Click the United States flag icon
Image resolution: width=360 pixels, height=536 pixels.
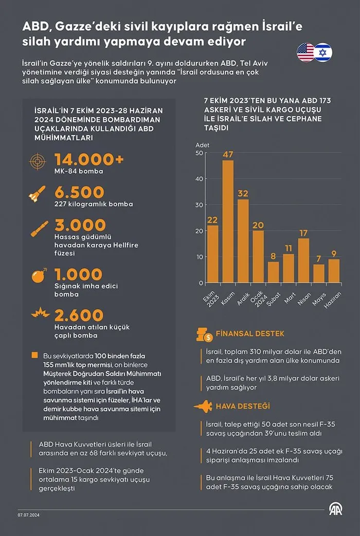point(305,52)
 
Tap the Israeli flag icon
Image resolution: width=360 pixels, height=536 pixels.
point(323,52)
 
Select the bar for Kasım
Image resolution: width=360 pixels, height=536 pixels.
point(228,221)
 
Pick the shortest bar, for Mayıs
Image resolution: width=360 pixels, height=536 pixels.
point(319,273)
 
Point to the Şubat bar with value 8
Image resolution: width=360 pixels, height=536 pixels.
point(274,272)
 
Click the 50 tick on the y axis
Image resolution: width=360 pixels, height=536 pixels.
point(199,153)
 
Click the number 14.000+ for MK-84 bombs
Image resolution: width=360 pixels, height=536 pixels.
point(89,160)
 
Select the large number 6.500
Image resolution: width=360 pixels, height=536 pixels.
point(79,193)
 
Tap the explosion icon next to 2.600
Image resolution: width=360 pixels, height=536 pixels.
point(38,313)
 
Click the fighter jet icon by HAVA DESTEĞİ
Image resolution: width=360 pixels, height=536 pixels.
point(203,406)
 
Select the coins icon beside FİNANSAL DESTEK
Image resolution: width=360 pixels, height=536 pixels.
point(204,335)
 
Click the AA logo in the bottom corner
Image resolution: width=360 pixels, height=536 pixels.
point(336,509)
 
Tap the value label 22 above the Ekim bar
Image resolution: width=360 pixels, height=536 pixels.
point(212,220)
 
